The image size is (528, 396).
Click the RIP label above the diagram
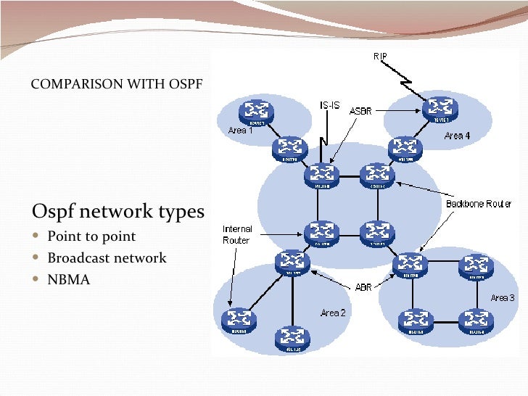tap(381, 57)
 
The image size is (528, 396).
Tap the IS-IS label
tap(329, 105)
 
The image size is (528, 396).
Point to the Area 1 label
tap(241, 131)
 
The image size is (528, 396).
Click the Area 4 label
tap(457, 136)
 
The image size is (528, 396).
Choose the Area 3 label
tap(503, 298)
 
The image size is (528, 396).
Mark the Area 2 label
tap(333, 313)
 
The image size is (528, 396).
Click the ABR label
tap(363, 287)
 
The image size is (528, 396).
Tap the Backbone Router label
tap(479, 204)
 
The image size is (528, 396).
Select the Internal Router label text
tap(236, 235)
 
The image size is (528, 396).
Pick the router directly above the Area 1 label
tap(255, 111)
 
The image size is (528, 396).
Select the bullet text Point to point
tap(91, 236)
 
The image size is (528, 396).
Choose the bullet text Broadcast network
tap(107, 257)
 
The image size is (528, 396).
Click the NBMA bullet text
tap(69, 279)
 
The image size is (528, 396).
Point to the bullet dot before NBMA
tap(37, 279)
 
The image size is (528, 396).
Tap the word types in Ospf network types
tap(181, 212)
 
